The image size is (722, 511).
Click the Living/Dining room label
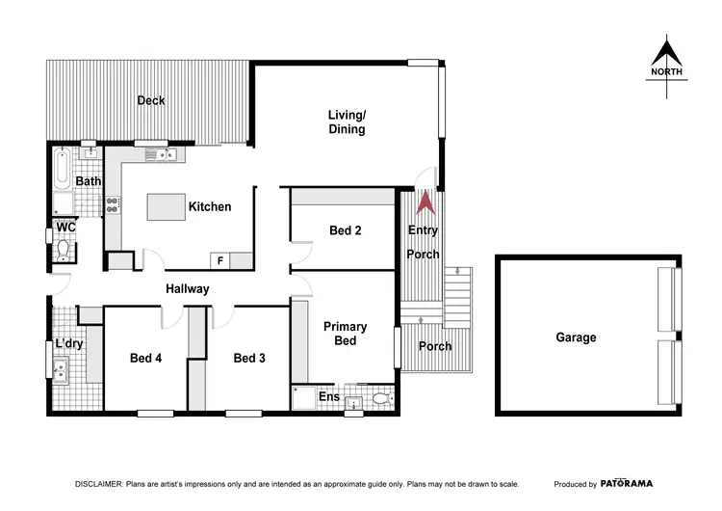coord(347,122)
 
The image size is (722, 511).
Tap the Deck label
coord(151,100)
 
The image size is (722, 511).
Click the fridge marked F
coord(220,259)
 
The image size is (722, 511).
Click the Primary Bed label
coord(345,334)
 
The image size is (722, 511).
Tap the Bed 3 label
coord(249,359)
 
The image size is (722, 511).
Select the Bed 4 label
coord(145,359)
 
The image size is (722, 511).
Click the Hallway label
coord(187,289)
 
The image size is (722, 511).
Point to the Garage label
coord(576,337)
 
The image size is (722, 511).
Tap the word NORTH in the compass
coord(667,72)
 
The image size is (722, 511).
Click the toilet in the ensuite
coord(381,397)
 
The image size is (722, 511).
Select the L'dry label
coord(68,344)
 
